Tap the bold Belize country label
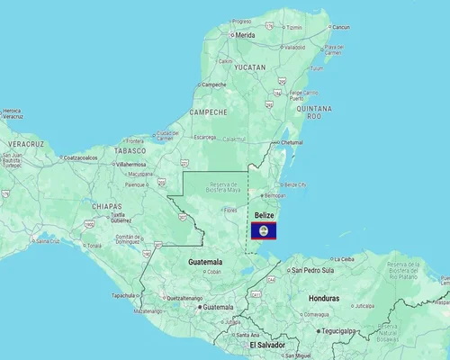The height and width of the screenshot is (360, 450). pyautogui.click(x=264, y=216)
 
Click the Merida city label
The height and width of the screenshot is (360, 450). pyautogui.click(x=245, y=35)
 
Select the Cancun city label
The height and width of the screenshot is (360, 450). pyautogui.click(x=341, y=27)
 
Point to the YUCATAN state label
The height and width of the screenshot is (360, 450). pyautogui.click(x=249, y=67)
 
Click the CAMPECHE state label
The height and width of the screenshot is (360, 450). pyautogui.click(x=209, y=112)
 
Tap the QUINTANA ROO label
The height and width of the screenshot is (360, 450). pyautogui.click(x=314, y=111)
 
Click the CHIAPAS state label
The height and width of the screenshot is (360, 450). pyautogui.click(x=107, y=206)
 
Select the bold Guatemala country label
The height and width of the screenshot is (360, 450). pyautogui.click(x=205, y=262)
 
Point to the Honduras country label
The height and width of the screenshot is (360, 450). pyautogui.click(x=322, y=297)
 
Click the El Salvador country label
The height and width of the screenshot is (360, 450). pyautogui.click(x=266, y=345)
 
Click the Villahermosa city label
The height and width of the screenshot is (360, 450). pyautogui.click(x=131, y=165)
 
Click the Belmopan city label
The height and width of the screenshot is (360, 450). pyautogui.click(x=274, y=194)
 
